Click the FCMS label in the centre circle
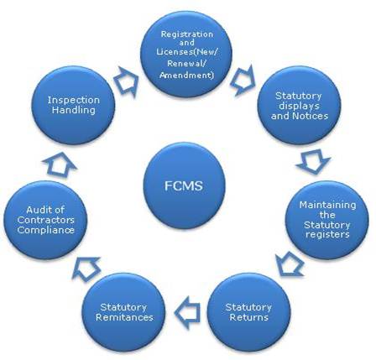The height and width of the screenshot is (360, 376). pyautogui.click(x=184, y=185)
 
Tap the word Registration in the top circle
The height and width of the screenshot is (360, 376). pyautogui.click(x=187, y=34)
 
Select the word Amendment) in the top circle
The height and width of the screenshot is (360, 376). pyautogui.click(x=186, y=75)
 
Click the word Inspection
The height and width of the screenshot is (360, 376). pyautogui.click(x=74, y=100)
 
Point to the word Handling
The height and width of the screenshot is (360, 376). pyautogui.click(x=74, y=110)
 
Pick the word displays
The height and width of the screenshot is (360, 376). pyautogui.click(x=299, y=106)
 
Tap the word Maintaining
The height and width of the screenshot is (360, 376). pyautogui.click(x=327, y=205)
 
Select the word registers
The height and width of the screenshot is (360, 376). pyautogui.click(x=327, y=234)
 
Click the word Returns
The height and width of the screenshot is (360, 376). pyautogui.click(x=248, y=317)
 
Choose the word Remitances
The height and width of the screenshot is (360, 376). pyautogui.click(x=124, y=317)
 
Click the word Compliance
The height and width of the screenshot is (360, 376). pyautogui.click(x=45, y=230)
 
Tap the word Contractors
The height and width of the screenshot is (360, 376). pyautogui.click(x=45, y=220)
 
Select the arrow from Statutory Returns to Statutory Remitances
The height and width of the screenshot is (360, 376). pyautogui.click(x=188, y=312)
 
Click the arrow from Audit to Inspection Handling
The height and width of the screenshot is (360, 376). pyautogui.click(x=60, y=164)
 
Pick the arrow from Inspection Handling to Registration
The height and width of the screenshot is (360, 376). pyautogui.click(x=127, y=81)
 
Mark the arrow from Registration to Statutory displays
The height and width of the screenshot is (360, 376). pyautogui.click(x=243, y=81)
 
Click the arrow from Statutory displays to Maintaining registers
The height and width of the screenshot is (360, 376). pyautogui.click(x=313, y=162)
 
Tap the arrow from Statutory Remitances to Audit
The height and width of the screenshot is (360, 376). pyautogui.click(x=86, y=269)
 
